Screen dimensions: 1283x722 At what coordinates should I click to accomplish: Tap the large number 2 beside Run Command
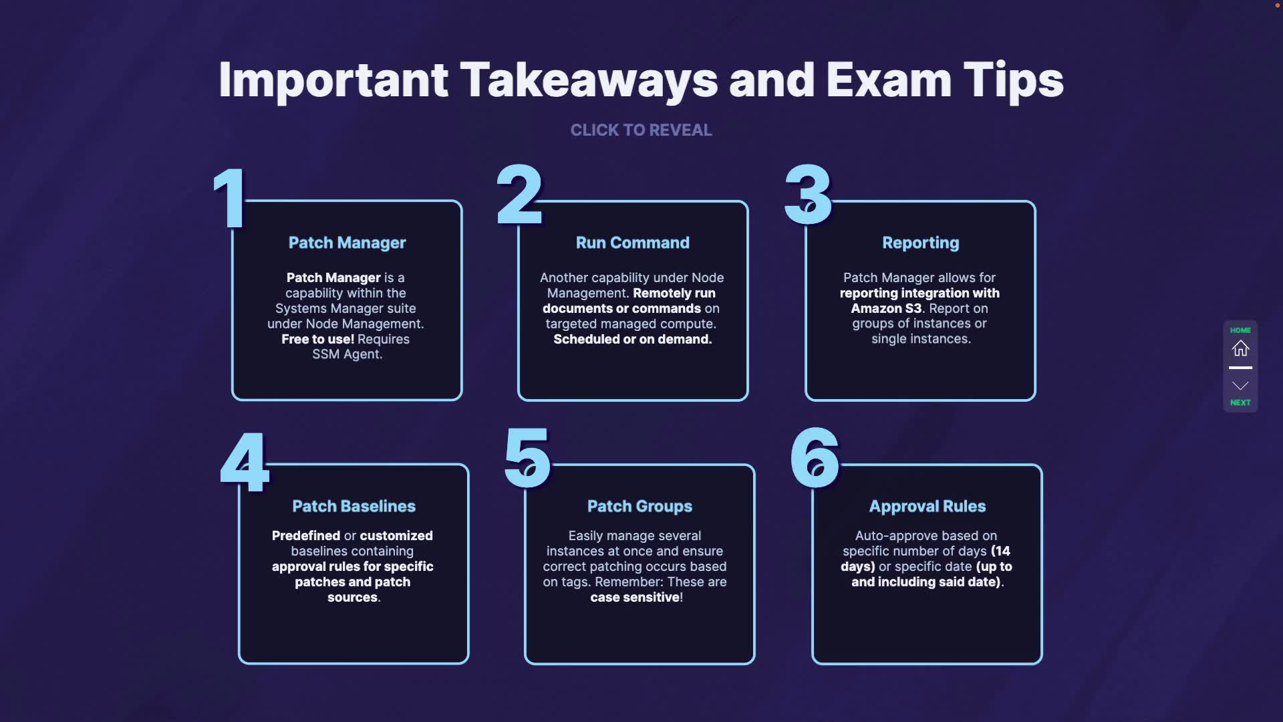click(519, 195)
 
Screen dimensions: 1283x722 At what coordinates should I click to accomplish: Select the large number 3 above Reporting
click(808, 195)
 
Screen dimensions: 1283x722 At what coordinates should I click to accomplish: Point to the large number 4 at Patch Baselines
click(245, 462)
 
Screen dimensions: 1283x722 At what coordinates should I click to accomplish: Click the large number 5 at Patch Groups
click(527, 459)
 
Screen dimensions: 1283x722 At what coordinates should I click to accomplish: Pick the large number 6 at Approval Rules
click(815, 459)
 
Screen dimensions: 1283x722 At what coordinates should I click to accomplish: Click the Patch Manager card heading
click(347, 243)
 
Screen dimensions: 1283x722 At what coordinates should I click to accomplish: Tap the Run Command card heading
click(632, 243)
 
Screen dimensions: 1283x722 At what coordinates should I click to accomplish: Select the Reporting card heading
click(920, 243)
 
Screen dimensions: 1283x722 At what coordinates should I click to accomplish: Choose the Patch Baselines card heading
click(353, 506)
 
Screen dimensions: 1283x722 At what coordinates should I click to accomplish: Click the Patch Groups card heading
click(639, 506)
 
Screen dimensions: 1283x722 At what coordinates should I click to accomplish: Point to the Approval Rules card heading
click(927, 506)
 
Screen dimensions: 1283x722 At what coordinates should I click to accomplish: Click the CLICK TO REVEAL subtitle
click(641, 130)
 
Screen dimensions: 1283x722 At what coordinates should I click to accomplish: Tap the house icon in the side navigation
click(1240, 348)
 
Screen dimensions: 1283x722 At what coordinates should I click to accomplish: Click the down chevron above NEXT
click(1240, 386)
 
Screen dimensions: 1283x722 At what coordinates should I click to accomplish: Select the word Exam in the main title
click(888, 80)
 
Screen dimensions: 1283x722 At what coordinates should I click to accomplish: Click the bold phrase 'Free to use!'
click(317, 339)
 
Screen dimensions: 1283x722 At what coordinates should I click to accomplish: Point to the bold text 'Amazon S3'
click(886, 308)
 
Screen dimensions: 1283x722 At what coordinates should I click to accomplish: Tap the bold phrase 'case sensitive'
click(634, 597)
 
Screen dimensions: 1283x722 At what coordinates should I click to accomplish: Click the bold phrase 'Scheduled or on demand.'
click(632, 339)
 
